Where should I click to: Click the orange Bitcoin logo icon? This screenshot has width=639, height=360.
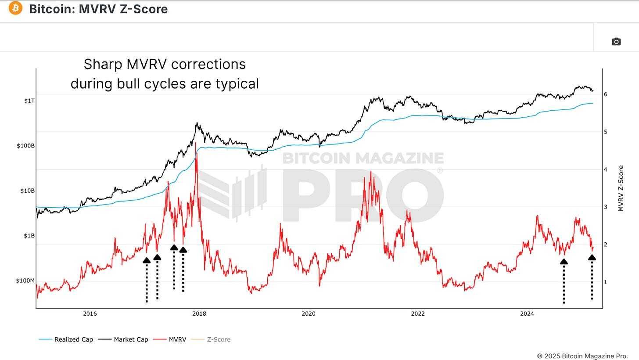[x=15, y=8]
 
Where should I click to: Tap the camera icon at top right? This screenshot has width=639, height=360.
[x=616, y=42]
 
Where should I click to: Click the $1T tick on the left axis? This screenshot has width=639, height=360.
[x=29, y=101]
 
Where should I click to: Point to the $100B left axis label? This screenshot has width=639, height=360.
[x=25, y=146]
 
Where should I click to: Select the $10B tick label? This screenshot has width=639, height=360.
[x=27, y=191]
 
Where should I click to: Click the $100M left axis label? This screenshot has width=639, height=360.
[x=25, y=281]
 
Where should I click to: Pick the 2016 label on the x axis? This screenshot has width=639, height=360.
[x=90, y=313]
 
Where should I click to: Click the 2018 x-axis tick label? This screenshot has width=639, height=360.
[x=199, y=313]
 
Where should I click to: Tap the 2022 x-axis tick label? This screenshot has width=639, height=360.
[x=417, y=313]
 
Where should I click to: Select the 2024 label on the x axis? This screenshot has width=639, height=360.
[x=527, y=313]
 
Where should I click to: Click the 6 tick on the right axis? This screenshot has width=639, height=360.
[x=605, y=94]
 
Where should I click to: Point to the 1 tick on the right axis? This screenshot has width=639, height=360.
[x=605, y=282]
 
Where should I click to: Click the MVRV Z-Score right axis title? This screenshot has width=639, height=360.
[x=621, y=188]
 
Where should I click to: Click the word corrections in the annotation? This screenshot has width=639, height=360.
[x=208, y=64]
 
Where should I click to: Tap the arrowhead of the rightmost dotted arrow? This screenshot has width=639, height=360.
[x=592, y=258]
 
